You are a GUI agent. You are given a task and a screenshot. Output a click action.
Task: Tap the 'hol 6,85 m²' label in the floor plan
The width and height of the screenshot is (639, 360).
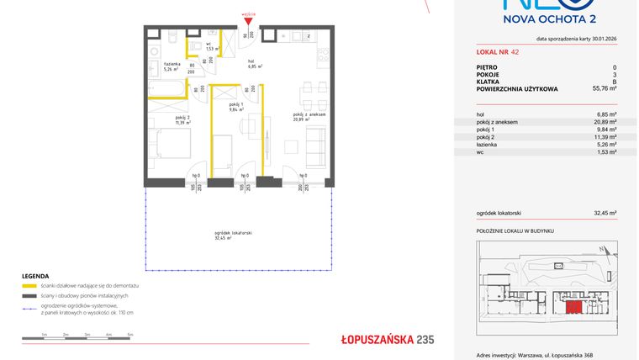click(x=254, y=64)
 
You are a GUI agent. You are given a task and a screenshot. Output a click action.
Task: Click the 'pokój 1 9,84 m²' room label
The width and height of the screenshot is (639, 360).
click(x=235, y=106)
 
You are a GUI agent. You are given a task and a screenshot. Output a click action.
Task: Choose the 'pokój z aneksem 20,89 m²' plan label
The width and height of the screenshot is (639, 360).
click(x=309, y=117)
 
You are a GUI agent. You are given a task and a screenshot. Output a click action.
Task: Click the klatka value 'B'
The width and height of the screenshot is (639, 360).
click(x=614, y=81)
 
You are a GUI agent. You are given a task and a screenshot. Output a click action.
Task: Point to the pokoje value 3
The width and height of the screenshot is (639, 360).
click(x=615, y=74)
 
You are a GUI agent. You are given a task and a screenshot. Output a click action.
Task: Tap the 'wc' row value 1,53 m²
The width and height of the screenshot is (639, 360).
click(x=606, y=152)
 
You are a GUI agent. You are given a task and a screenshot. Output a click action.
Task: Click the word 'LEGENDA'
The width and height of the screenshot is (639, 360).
click(x=35, y=276)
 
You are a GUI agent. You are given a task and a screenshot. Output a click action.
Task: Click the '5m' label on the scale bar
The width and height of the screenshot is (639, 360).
click(x=129, y=334)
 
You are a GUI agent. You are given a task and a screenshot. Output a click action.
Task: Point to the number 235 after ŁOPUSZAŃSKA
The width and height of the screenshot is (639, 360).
click(x=425, y=340)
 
